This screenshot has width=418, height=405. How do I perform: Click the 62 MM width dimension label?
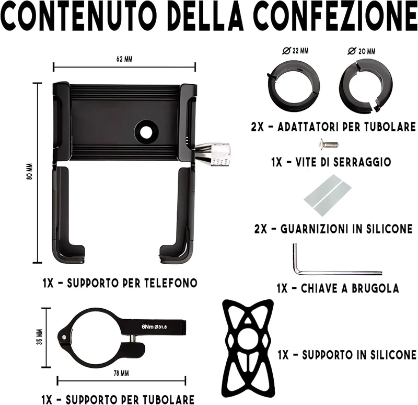point(124,60)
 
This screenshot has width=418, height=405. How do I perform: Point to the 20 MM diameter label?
point(361,51)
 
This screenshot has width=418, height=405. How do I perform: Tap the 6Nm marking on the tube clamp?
point(148,328)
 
